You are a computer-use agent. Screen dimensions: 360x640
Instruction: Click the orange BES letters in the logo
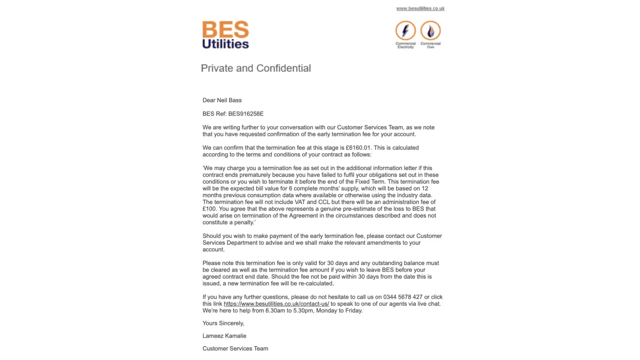pos(225,29)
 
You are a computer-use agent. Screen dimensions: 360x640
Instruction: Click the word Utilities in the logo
pos(225,44)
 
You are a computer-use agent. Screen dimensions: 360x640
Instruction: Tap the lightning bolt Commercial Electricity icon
pos(405,31)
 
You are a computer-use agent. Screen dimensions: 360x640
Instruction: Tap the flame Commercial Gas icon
pos(431,31)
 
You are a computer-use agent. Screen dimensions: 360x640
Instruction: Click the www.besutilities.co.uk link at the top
pos(420,8)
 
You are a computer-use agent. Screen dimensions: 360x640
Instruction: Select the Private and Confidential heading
pos(256,68)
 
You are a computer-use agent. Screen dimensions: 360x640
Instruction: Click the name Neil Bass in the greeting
pos(229,100)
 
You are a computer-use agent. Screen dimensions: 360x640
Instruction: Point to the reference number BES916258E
pos(246,114)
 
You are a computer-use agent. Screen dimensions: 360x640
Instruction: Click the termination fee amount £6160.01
pos(358,148)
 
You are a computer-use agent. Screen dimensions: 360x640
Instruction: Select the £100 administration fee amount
pos(209,209)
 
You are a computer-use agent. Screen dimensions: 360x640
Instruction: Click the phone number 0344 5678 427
pos(403,297)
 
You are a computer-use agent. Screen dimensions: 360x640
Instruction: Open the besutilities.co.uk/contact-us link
pos(276,304)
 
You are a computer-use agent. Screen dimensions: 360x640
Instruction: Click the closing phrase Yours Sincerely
pos(223,323)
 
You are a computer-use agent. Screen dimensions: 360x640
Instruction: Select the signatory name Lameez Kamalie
pos(224,336)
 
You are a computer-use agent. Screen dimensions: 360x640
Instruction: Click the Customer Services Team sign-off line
pos(235,348)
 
